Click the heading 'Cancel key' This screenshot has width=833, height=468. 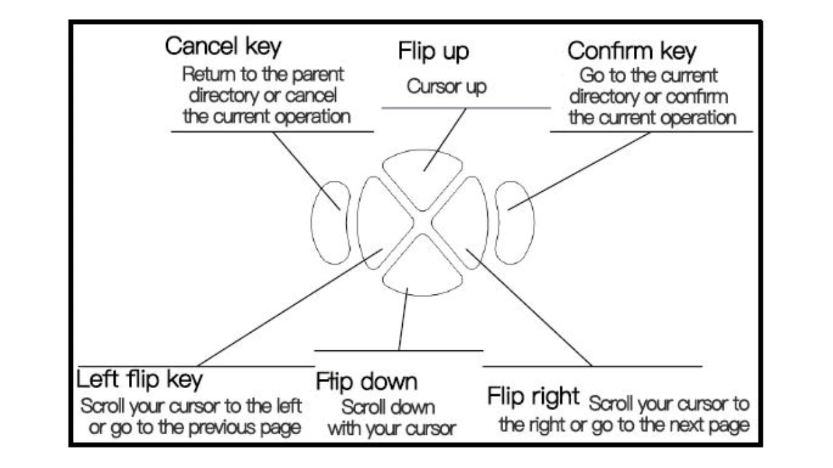tap(223, 47)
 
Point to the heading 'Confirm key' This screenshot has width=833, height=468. tap(631, 51)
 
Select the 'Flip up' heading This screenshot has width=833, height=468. tap(433, 53)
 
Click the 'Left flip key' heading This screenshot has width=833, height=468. tap(140, 379)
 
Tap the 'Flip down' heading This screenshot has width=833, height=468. tap(366, 382)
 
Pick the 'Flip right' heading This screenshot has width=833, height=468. tap(532, 396)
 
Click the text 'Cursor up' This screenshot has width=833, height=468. tap(446, 87)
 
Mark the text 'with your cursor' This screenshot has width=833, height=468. tap(391, 429)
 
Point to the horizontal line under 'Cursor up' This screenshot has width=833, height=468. tap(466, 108)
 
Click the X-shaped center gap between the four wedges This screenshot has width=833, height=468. tap(422, 223)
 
